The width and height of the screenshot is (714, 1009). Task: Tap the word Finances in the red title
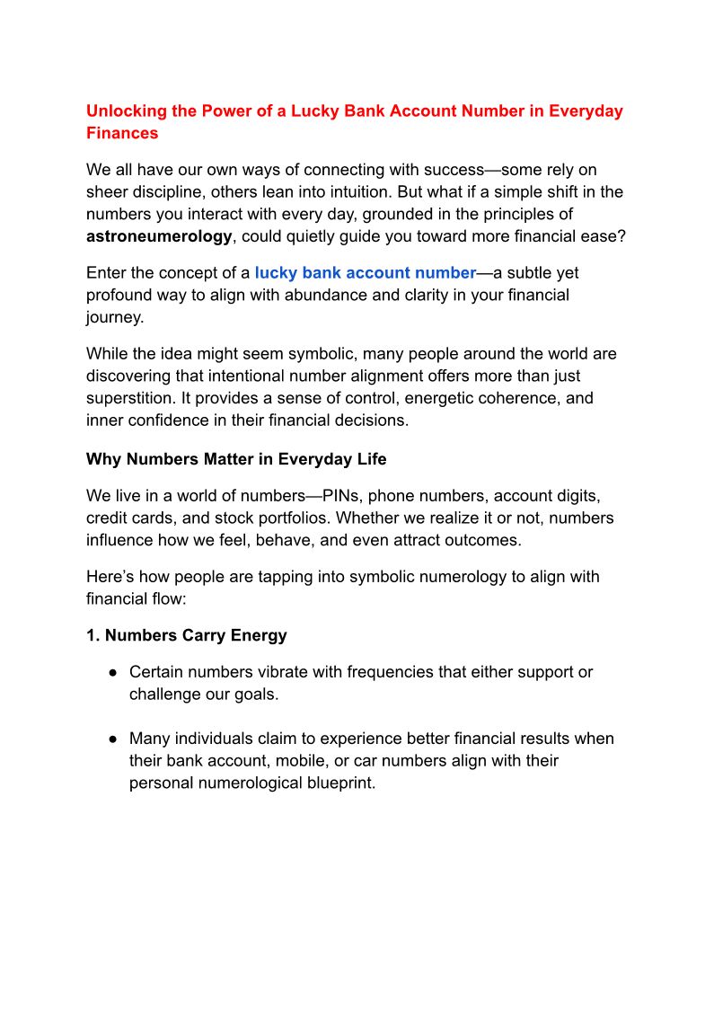click(122, 133)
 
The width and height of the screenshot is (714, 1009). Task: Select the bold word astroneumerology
click(159, 236)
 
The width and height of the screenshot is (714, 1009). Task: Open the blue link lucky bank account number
click(365, 272)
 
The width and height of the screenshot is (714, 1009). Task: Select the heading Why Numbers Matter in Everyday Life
click(236, 459)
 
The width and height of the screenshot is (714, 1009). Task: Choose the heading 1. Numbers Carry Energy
click(186, 635)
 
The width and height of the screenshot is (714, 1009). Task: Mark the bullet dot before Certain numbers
click(113, 673)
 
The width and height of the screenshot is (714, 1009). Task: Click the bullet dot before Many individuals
click(113, 739)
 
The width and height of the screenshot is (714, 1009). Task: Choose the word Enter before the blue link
click(107, 272)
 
